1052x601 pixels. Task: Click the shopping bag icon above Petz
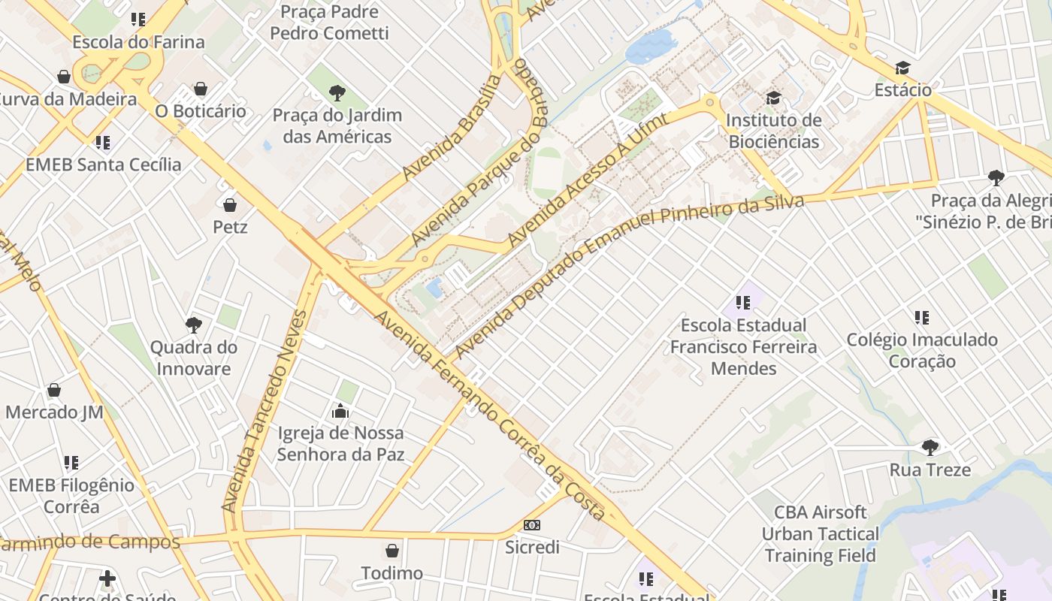(230, 204)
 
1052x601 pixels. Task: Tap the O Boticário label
(200, 111)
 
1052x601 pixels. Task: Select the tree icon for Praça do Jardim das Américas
(337, 94)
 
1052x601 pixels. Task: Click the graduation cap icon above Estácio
(902, 68)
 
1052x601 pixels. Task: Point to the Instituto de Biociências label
(773, 131)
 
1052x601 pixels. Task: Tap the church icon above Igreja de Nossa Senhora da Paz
(340, 411)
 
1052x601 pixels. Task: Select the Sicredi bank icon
(531, 525)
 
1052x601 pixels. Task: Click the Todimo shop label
(391, 573)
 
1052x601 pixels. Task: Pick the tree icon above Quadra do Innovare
(193, 325)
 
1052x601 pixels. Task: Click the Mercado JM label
(54, 412)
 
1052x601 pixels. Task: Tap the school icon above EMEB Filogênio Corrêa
(71, 463)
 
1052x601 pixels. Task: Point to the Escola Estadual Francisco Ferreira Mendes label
(743, 347)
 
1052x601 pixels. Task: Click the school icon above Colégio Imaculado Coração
(922, 318)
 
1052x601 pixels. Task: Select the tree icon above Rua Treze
(930, 448)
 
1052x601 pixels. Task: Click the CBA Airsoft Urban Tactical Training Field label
(820, 534)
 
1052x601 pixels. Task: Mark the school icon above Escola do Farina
(138, 20)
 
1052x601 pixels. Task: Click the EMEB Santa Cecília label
(104, 165)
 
